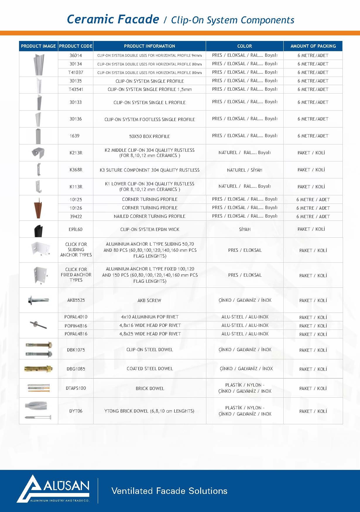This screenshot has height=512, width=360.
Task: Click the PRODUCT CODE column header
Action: pyautogui.click(x=76, y=46)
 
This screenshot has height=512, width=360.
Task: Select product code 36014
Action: pyautogui.click(x=76, y=55)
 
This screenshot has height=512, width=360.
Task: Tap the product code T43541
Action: pyautogui.click(x=76, y=89)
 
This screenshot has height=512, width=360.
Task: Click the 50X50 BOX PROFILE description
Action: pyautogui.click(x=150, y=136)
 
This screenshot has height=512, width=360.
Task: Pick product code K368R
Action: pyautogui.click(x=76, y=170)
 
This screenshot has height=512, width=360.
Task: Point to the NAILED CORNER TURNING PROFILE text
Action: pyautogui.click(x=150, y=216)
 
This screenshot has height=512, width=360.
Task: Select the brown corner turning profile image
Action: pyautogui.click(x=38, y=208)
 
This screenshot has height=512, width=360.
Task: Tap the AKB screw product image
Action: pyautogui.click(x=38, y=300)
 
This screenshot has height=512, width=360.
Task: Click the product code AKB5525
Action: pyautogui.click(x=76, y=300)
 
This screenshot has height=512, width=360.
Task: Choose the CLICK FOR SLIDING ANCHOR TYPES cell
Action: pyautogui.click(x=76, y=250)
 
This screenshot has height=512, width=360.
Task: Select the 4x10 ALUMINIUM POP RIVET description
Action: pyautogui.click(x=150, y=317)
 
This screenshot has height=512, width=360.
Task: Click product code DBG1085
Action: pyautogui.click(x=76, y=369)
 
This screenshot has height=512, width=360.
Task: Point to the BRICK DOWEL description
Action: pyautogui.click(x=150, y=389)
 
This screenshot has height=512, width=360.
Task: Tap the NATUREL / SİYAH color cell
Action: pyautogui.click(x=244, y=170)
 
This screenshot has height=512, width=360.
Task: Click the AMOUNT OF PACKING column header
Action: pyautogui.click(x=313, y=46)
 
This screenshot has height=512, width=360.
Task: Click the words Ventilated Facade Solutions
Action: pyautogui.click(x=169, y=491)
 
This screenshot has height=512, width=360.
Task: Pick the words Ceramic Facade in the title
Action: pyautogui.click(x=113, y=19)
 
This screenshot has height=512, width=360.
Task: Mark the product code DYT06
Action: pyautogui.click(x=76, y=411)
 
